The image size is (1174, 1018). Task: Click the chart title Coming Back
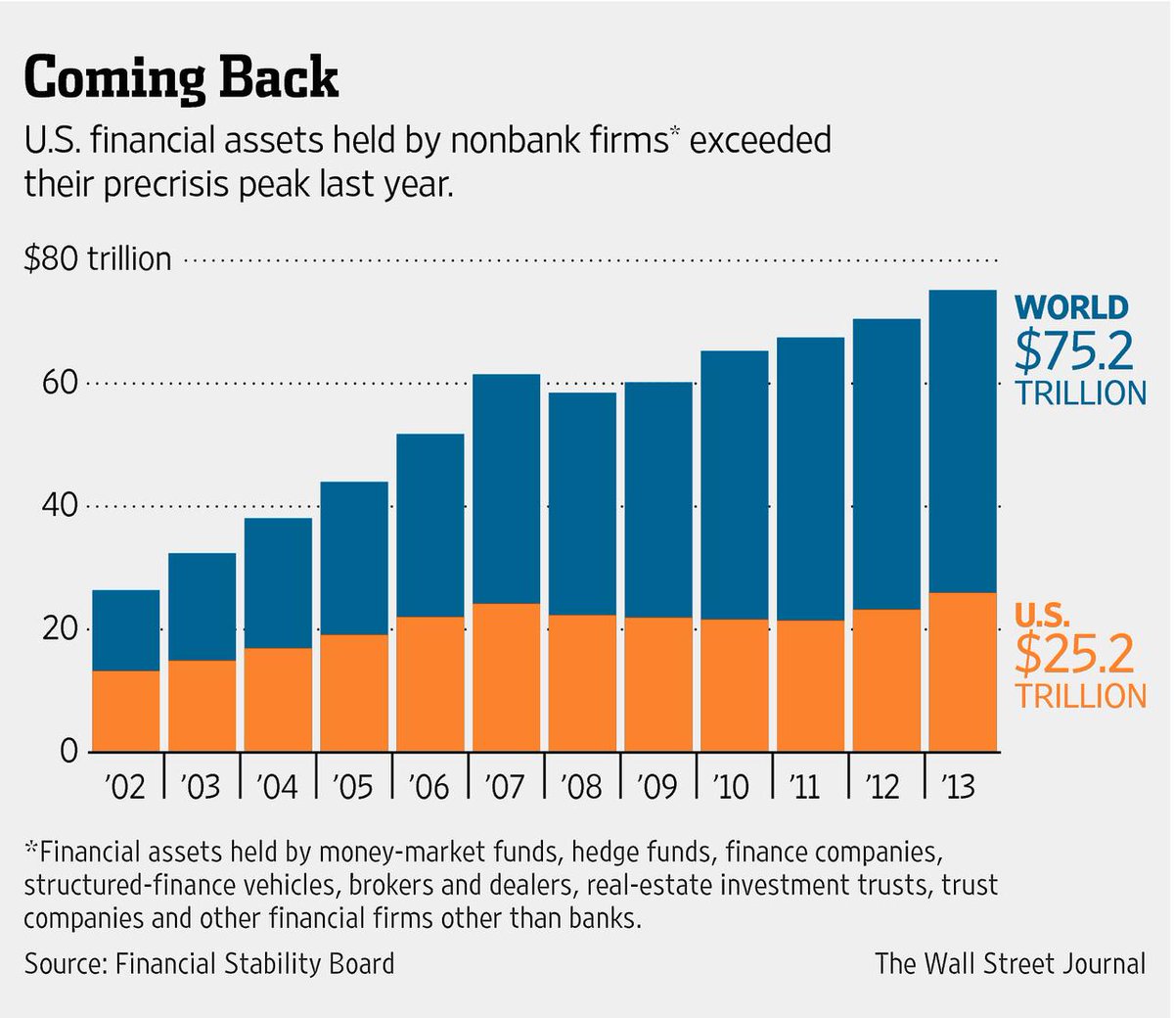point(181,78)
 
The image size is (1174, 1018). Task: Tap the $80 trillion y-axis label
point(98,259)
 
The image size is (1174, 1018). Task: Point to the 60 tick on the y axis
point(59,383)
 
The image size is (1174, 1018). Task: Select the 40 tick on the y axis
point(59,506)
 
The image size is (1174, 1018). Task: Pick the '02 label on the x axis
point(124,786)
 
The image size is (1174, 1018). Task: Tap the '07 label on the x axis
point(505,786)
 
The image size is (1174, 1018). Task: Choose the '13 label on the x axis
point(960,786)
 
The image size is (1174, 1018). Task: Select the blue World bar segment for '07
point(506,488)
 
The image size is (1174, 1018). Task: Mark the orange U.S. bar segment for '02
point(125,711)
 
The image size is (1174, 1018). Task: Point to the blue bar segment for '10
point(734,485)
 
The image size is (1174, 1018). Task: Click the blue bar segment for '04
point(278,582)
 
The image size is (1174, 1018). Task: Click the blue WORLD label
point(1071,307)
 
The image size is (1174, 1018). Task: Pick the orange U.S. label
point(1042,615)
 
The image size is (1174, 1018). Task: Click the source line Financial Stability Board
point(209,963)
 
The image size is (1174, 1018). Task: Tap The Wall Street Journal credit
point(1010,963)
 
